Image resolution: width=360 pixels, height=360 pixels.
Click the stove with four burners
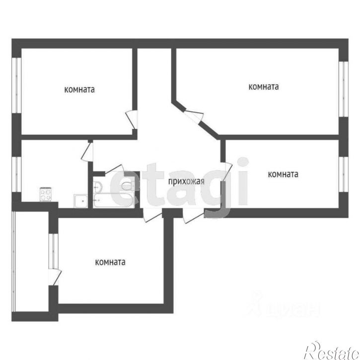pos(46,194)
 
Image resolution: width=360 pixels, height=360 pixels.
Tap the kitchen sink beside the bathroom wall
pos(79,201)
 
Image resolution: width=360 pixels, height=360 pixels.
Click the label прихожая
pos(186,182)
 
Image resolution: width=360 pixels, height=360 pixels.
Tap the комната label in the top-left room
pos(79,90)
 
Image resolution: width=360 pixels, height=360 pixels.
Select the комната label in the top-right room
pos(263,86)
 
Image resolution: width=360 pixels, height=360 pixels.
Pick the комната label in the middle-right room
pos(283,174)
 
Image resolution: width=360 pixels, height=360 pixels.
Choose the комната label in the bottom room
pos(110,262)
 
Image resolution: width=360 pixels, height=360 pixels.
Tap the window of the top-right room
pos(342,86)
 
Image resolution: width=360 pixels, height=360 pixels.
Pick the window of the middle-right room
pos(342,171)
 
